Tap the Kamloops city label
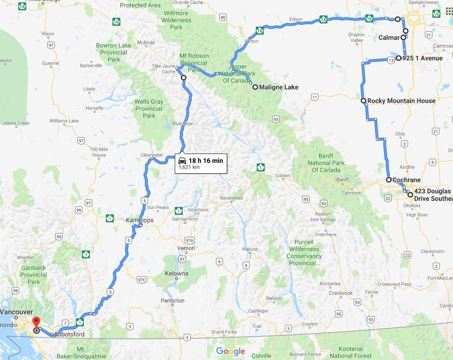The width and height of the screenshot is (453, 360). [140, 220]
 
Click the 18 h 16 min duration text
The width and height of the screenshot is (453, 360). [206, 161]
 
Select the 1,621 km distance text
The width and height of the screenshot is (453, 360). [189, 167]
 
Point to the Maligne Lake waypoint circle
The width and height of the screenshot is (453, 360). [255, 87]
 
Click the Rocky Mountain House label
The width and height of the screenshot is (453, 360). [401, 101]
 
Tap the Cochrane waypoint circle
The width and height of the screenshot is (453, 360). [389, 180]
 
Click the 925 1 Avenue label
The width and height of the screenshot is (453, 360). [422, 59]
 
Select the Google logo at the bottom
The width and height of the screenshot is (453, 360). [230, 351]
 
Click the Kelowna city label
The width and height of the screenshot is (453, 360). [177, 273]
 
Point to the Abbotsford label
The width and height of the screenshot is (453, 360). [69, 334]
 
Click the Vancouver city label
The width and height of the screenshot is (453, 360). [16, 312]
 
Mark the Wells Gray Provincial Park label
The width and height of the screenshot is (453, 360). [149, 109]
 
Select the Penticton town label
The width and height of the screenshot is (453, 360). [172, 301]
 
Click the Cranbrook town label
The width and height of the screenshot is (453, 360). [341, 293]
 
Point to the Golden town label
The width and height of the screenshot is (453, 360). [283, 176]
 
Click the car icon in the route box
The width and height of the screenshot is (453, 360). [182, 161]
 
